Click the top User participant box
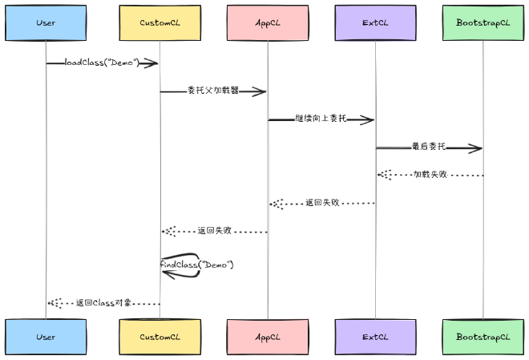(x=46, y=22)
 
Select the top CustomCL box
(x=160, y=22)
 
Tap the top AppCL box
(x=268, y=22)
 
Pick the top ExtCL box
(x=375, y=22)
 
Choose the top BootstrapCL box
(x=483, y=22)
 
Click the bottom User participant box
(x=46, y=337)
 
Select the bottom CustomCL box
(x=160, y=337)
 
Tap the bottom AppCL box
(x=268, y=337)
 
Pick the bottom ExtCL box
(x=375, y=337)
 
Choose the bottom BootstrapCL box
(x=483, y=337)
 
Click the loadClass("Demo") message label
(x=102, y=63)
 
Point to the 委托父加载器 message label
(x=213, y=91)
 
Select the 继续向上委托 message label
(x=321, y=119)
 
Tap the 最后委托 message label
(x=429, y=147)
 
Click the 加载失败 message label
(x=430, y=174)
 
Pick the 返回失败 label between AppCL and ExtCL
(x=322, y=203)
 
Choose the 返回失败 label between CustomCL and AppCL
(x=214, y=231)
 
